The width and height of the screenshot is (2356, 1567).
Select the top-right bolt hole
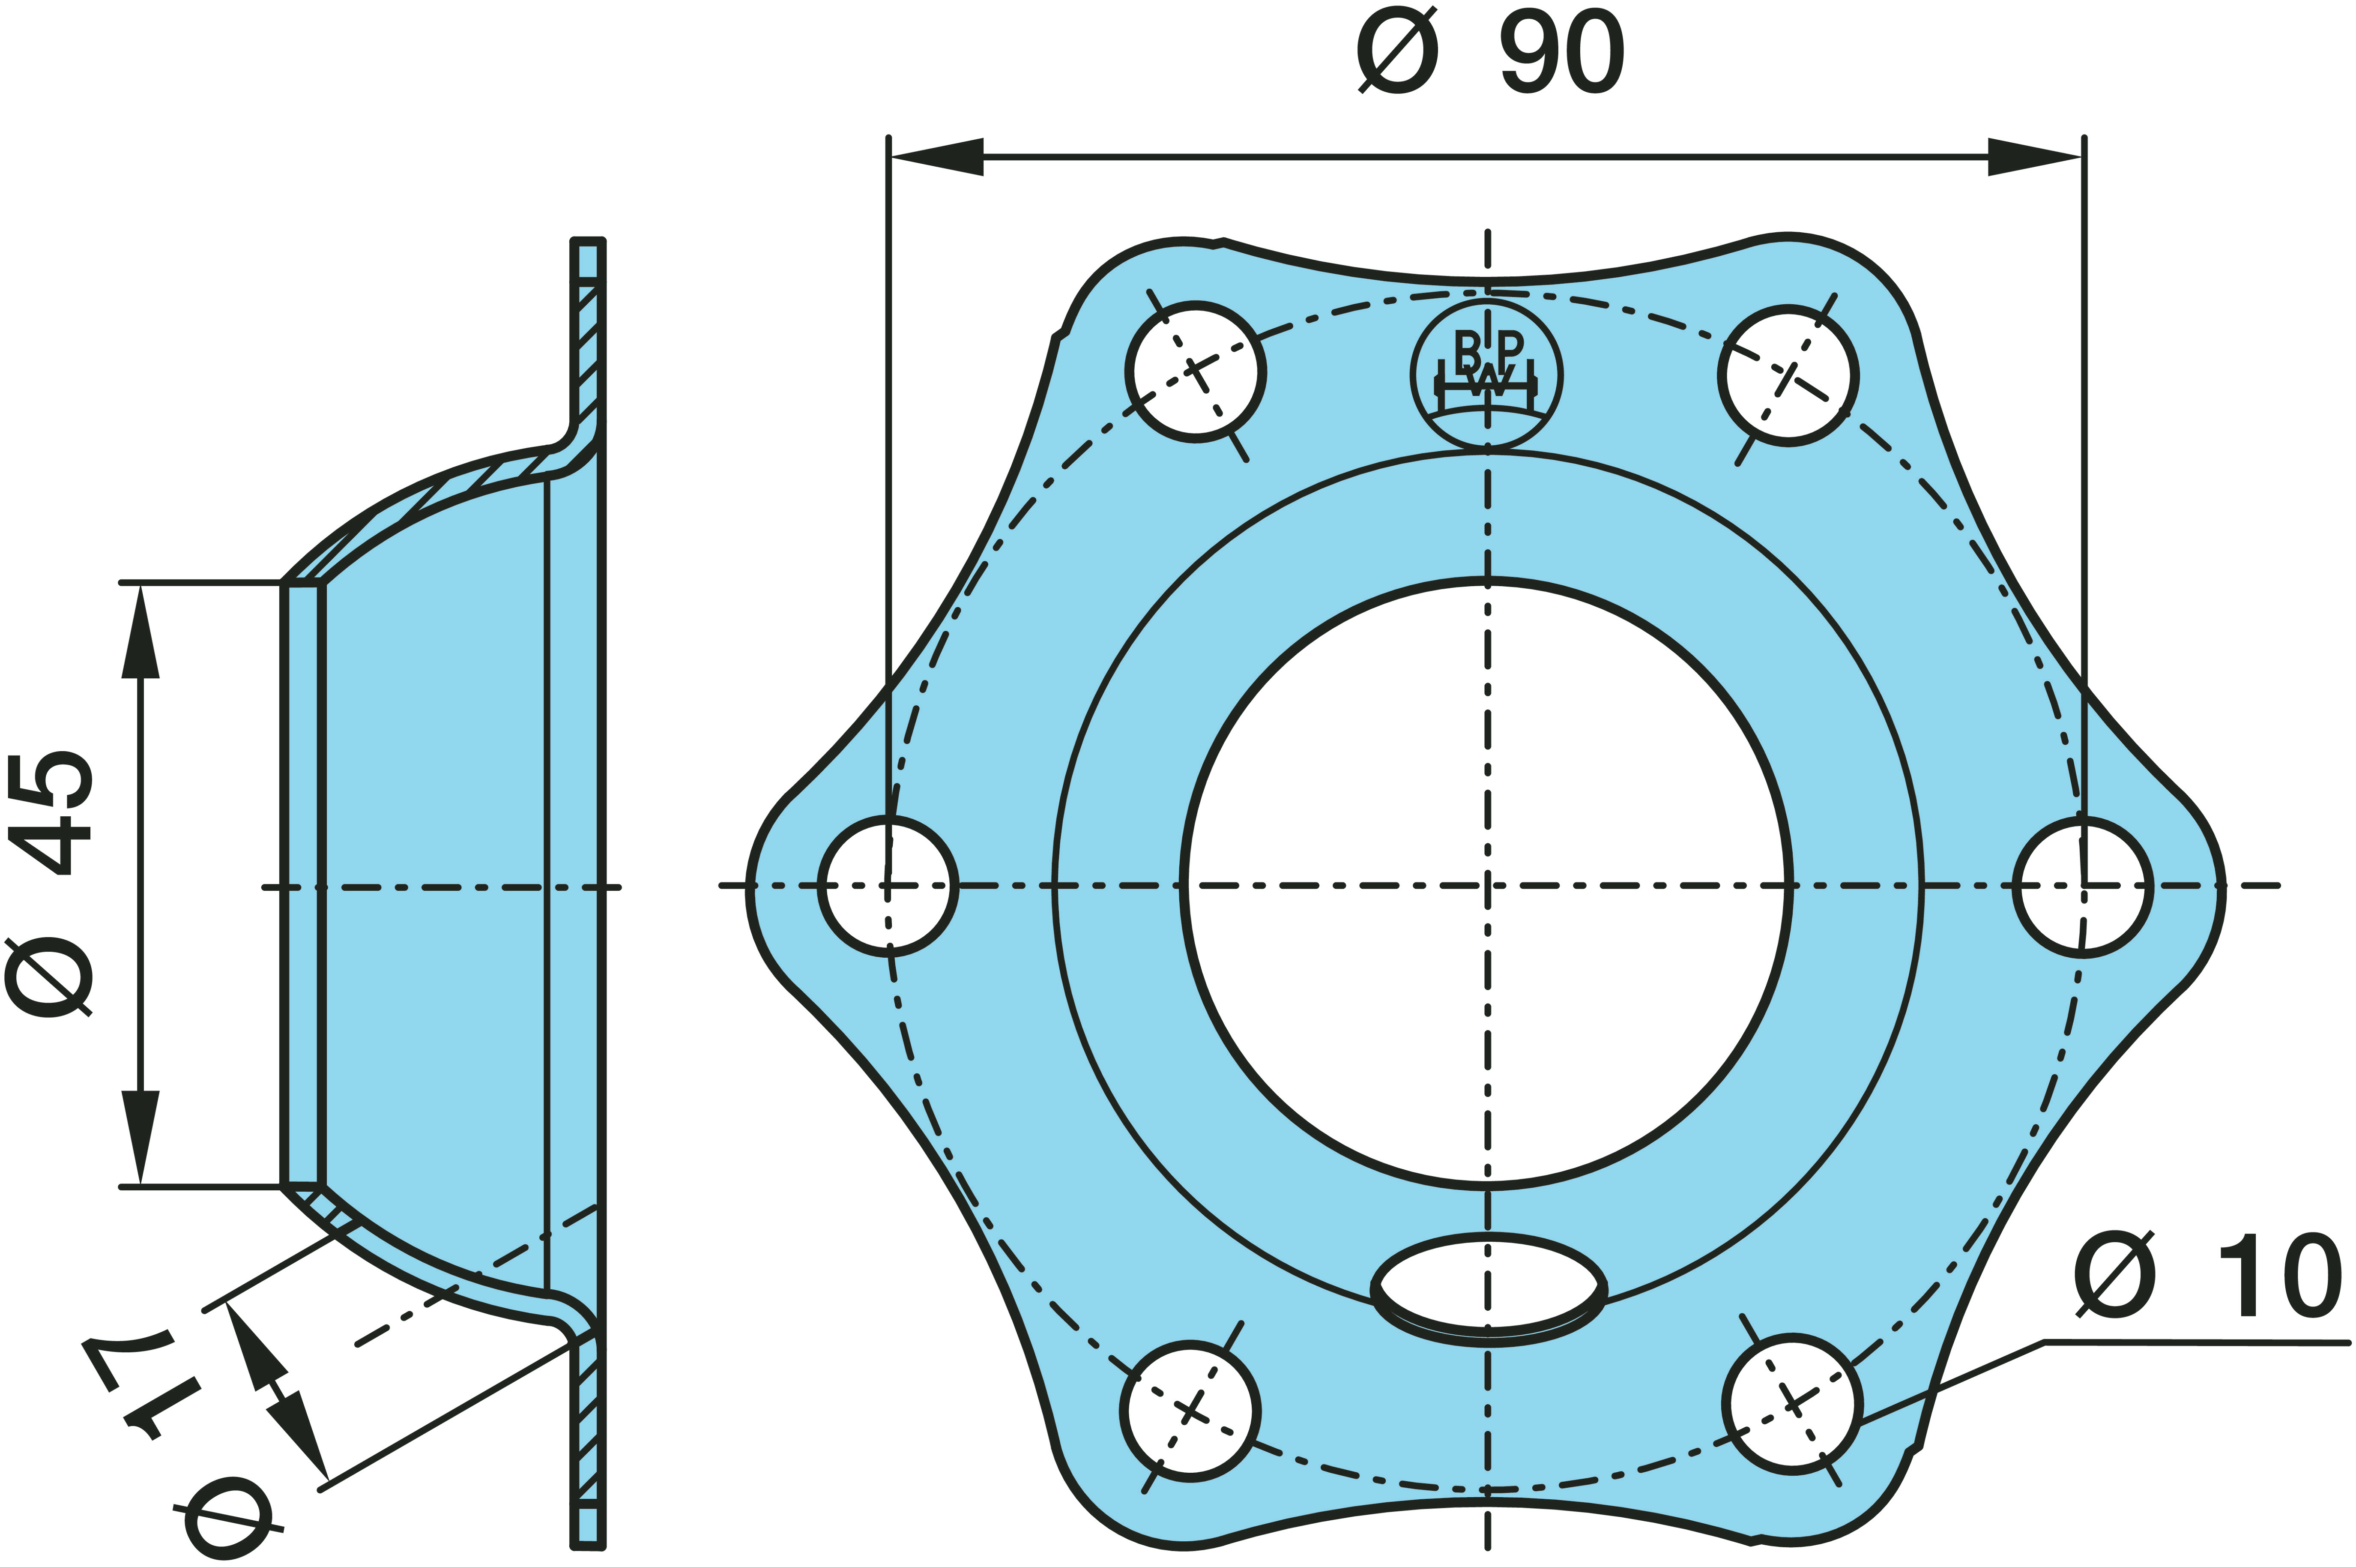(1788, 375)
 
